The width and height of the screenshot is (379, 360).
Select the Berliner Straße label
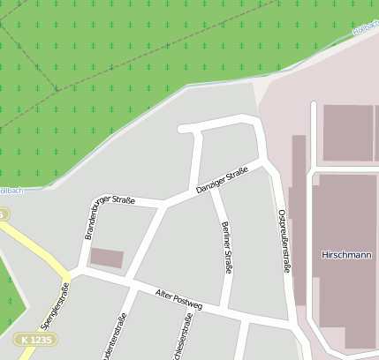[226, 247]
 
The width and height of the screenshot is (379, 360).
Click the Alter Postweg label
[178, 298]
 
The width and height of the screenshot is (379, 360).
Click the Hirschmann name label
[345, 255]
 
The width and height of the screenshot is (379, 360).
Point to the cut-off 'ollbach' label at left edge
[10, 191]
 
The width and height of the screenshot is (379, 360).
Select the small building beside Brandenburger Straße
[107, 258]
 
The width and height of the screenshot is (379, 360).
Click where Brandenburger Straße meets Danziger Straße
[163, 206]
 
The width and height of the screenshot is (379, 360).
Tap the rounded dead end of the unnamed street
[182, 129]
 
